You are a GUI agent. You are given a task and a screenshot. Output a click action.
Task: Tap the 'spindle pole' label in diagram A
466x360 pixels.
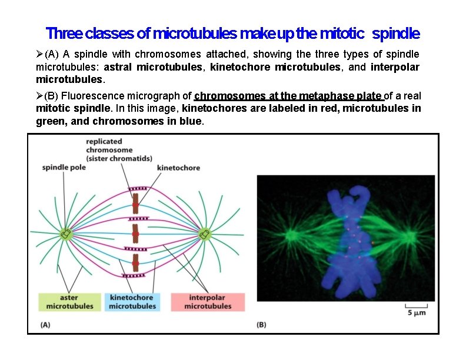[64, 168]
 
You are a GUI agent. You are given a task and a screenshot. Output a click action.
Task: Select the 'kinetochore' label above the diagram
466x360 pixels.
[178, 168]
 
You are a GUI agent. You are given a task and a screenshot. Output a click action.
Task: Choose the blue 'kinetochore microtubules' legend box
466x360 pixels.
[133, 302]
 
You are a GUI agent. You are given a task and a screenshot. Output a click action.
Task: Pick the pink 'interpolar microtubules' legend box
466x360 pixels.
[207, 302]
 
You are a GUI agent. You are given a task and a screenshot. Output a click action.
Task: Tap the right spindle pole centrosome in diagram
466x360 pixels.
[205, 234]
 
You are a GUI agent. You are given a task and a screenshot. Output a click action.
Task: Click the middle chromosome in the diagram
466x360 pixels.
[135, 234]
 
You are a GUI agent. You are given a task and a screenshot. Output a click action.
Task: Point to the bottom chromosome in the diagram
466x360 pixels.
[135, 263]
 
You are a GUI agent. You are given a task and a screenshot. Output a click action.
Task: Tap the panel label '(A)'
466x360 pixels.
[45, 324]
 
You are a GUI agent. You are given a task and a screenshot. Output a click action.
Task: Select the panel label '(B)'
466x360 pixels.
[261, 324]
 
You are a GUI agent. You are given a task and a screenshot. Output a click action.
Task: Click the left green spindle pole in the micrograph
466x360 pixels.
[290, 236]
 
